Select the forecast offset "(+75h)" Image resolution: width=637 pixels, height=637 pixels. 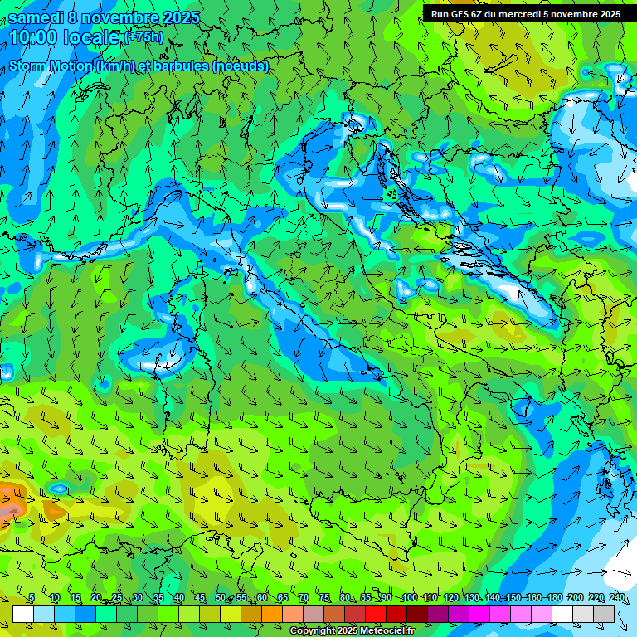tap(143, 37)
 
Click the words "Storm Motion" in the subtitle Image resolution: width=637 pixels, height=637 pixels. tap(50, 66)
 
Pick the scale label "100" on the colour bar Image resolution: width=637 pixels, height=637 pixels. tap(409, 598)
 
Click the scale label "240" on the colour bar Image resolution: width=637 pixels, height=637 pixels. tap(617, 598)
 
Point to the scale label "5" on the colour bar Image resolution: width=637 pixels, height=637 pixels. tap(32, 598)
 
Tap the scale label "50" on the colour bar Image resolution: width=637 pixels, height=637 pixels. tap(221, 598)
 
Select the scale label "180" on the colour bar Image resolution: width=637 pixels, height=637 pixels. tap(554, 598)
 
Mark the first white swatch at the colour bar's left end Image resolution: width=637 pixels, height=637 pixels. tap(23, 614)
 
